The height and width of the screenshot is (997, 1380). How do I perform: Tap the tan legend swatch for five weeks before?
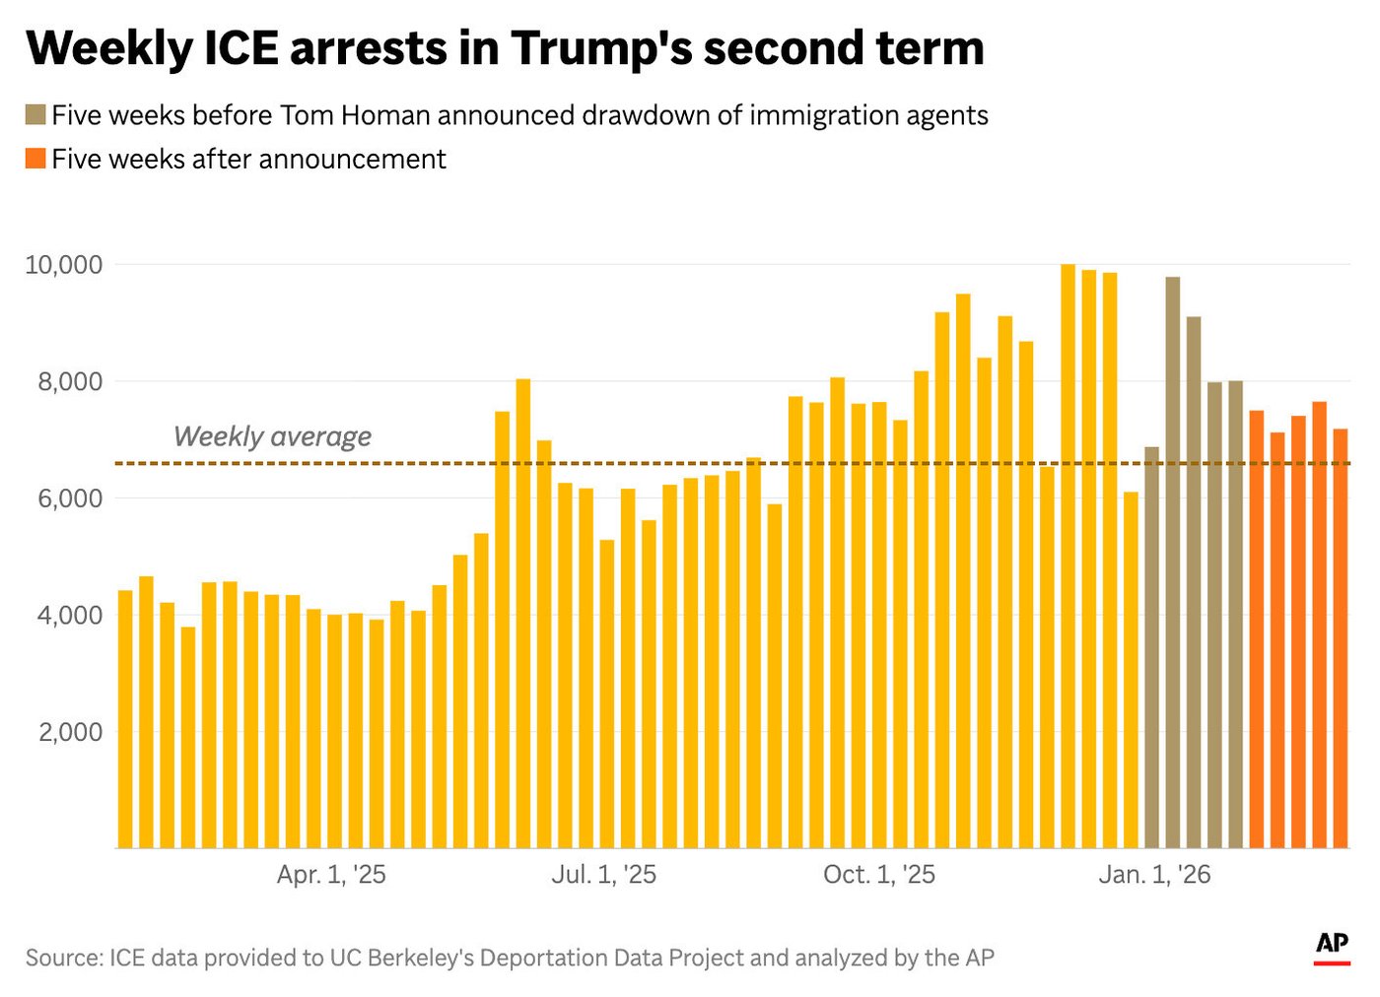(35, 115)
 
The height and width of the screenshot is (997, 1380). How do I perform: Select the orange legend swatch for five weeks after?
(35, 159)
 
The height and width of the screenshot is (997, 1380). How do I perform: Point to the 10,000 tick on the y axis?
(64, 265)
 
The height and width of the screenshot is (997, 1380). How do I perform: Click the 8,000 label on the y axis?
(70, 382)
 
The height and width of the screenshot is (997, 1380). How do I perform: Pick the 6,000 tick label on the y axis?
(70, 498)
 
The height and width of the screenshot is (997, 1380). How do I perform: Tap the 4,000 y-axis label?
(70, 616)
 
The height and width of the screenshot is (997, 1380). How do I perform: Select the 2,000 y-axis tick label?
(70, 732)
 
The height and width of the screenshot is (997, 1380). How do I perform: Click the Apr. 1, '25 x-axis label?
(331, 875)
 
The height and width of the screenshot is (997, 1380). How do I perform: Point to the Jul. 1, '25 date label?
(603, 875)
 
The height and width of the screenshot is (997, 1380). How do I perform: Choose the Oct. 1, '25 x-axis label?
(879, 875)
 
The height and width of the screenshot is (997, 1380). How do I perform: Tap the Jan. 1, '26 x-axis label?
(1154, 875)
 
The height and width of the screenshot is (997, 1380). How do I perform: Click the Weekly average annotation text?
(272, 436)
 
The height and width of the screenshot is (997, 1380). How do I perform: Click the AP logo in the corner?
(1332, 945)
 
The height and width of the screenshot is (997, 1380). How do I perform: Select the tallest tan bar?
(1172, 562)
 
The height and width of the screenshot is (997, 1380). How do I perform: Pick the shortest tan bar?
(1151, 647)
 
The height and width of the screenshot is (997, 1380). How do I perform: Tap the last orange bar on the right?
(1341, 638)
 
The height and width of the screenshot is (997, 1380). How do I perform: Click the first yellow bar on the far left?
(125, 719)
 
